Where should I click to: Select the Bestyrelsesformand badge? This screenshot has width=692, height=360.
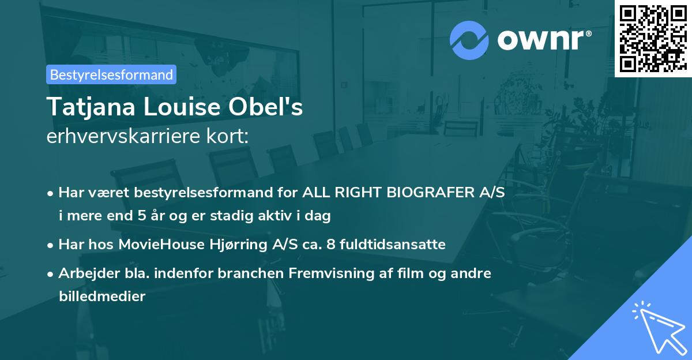coord(111,74)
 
